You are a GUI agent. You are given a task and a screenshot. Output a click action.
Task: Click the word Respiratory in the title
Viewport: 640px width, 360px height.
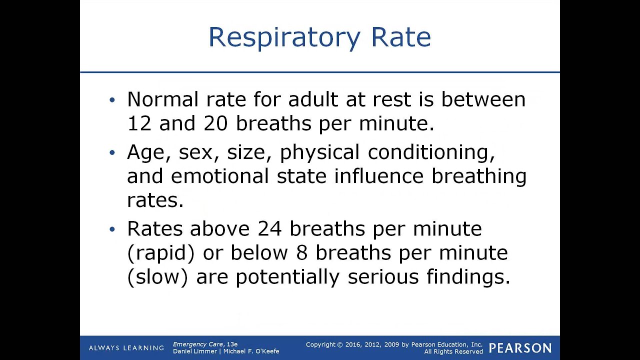tap(283, 38)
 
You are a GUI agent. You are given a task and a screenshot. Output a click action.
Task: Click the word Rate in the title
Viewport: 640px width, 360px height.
tap(400, 38)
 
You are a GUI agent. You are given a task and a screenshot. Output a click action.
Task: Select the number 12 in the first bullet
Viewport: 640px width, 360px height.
tap(139, 123)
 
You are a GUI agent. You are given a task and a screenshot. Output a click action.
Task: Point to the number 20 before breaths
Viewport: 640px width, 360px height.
tap(215, 123)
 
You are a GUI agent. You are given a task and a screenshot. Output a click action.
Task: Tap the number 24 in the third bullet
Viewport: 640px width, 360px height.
tap(270, 228)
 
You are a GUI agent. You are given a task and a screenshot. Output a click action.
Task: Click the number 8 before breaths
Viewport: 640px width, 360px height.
tap(301, 252)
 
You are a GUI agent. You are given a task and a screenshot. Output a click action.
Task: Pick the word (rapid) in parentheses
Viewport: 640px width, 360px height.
tap(160, 253)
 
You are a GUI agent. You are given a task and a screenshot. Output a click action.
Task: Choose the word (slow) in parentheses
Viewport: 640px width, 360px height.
tap(157, 277)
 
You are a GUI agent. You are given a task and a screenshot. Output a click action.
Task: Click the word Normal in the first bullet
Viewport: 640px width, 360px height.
tap(162, 99)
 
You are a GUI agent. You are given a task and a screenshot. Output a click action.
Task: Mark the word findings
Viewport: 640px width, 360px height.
tap(468, 277)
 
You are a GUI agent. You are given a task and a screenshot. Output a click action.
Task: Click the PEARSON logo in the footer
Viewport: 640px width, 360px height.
tap(520, 348)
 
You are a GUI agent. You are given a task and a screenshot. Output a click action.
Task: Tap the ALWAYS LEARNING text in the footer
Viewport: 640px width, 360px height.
tap(126, 348)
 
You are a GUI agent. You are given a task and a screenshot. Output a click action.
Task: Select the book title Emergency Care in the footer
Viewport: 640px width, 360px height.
tap(198, 344)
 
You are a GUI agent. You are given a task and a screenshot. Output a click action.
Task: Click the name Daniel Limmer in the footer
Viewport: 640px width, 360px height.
tap(194, 351)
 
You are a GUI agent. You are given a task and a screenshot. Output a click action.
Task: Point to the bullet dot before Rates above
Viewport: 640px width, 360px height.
tap(112, 229)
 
